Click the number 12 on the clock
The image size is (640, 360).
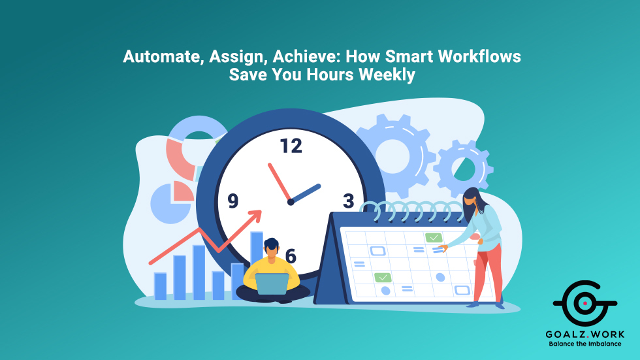[x=291, y=146]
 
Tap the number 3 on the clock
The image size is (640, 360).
[x=348, y=200]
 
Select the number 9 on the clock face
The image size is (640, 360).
[x=233, y=201]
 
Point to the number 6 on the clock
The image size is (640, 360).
[x=291, y=256]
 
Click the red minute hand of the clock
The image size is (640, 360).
[x=279, y=182]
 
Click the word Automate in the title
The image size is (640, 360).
[x=161, y=57]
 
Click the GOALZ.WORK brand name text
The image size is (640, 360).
[x=584, y=333]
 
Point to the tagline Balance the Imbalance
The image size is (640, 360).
[x=584, y=344]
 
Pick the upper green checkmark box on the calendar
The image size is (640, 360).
[x=434, y=237]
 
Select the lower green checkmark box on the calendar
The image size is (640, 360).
[x=383, y=278]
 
